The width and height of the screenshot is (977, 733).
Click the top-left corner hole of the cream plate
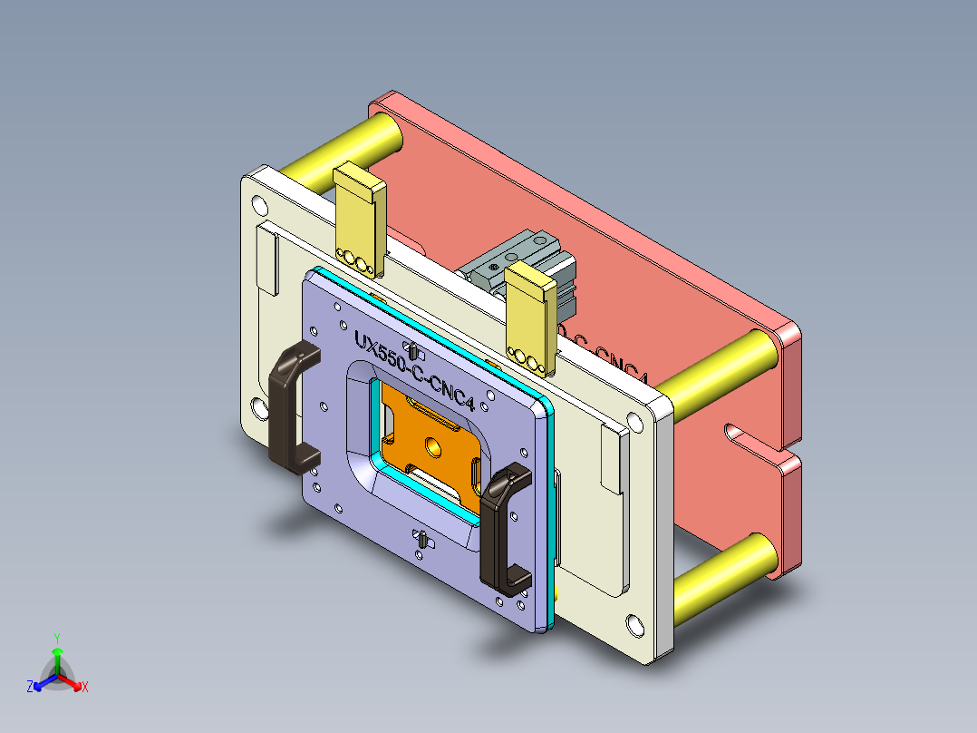click(260, 201)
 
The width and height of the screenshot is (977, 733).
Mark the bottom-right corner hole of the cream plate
click(634, 627)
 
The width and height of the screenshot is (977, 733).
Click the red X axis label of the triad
click(85, 688)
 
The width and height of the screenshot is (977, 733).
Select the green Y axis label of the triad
click(56, 638)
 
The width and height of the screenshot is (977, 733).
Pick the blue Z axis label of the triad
click(30, 688)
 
